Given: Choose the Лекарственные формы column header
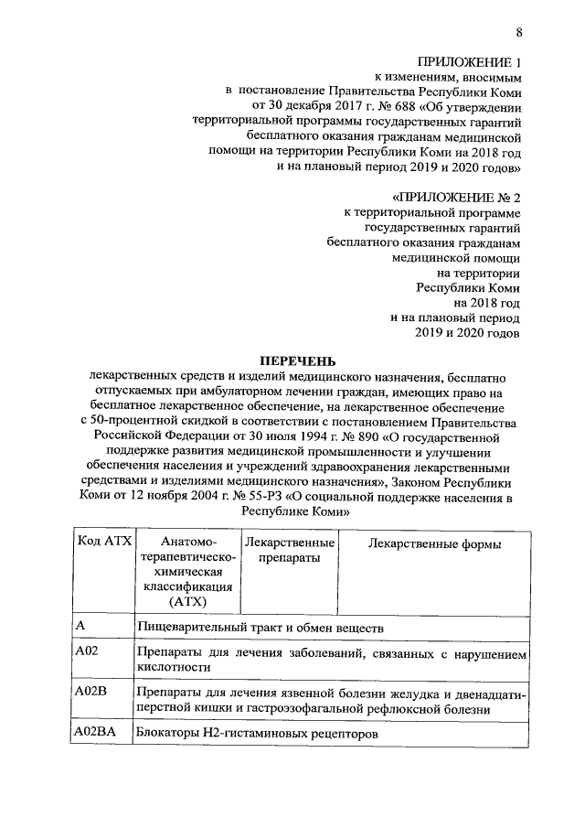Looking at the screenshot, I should coord(433,544).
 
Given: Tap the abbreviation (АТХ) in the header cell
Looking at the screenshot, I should coord(188,601).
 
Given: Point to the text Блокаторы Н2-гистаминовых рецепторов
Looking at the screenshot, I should coord(256,734).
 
